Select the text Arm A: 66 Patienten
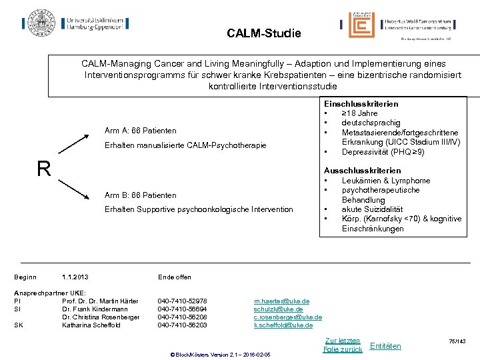coord(140,130)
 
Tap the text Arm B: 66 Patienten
coord(140,195)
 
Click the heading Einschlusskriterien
coord(361,104)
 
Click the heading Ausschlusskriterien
coord(361,171)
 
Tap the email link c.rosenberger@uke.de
coord(287,317)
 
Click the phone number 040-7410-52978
coord(182,301)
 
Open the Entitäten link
coord(385,345)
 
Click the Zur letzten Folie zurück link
coord(342,345)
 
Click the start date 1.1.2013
coord(75,277)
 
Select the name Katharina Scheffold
coord(91,325)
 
